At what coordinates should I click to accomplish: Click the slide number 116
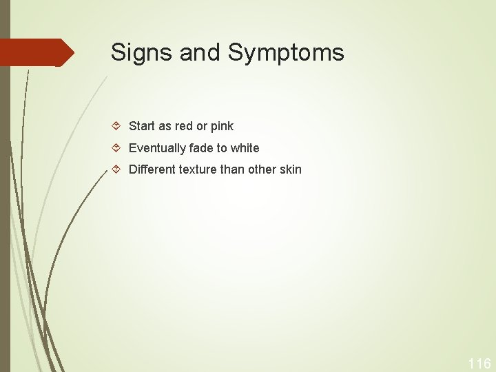click(479, 364)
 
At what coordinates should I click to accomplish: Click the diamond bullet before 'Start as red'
click(117, 126)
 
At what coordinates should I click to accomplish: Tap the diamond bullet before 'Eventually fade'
click(117, 148)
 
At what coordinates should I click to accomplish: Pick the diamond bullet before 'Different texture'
click(117, 169)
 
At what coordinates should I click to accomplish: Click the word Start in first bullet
click(142, 126)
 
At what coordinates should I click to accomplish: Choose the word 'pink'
click(222, 126)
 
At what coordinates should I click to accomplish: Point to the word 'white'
click(245, 148)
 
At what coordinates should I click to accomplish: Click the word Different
click(152, 169)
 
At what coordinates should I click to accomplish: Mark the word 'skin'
click(290, 169)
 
